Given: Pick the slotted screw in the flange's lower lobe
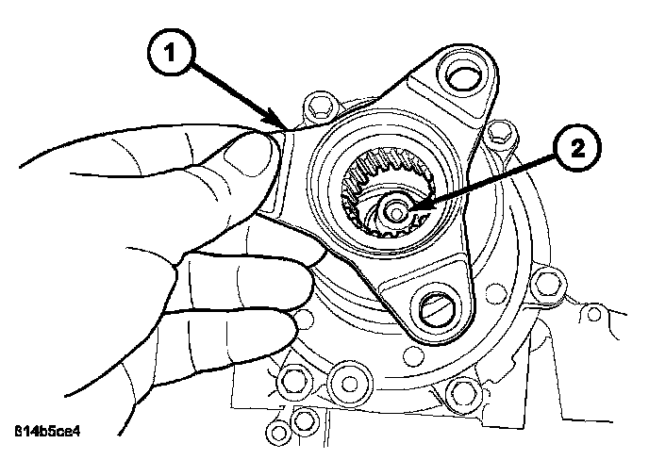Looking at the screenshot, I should point(436,306).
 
